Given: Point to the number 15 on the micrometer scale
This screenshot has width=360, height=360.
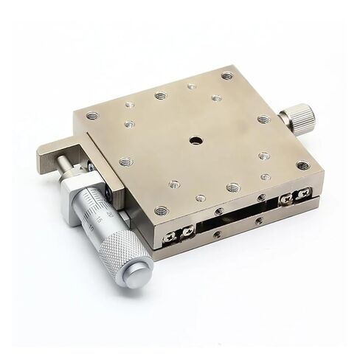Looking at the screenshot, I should [x=98, y=219].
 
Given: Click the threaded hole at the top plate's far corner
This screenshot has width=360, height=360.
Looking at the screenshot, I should [x=226, y=75].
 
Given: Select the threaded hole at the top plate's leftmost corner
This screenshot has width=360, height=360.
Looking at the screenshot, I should [x=91, y=116].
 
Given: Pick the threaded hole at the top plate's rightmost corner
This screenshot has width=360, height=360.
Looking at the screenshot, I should [x=302, y=166].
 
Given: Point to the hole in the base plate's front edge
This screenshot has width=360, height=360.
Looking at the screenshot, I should [x=215, y=235].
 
